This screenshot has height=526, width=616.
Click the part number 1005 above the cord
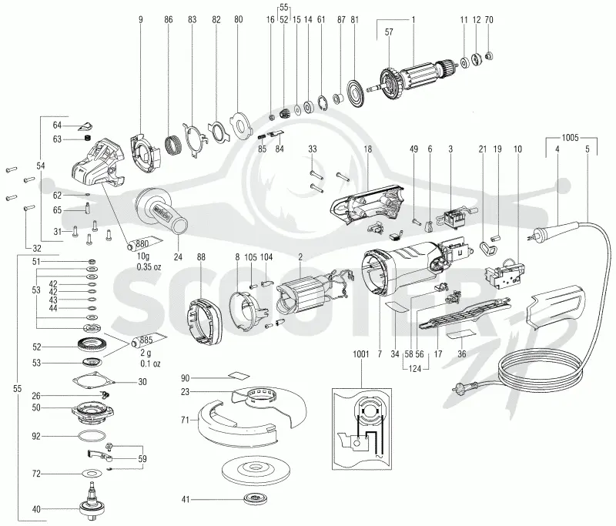(x=570, y=138)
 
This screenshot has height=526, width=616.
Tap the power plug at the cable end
(x=463, y=387)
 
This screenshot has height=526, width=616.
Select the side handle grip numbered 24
(x=163, y=213)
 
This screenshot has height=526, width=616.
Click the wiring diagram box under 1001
(x=361, y=428)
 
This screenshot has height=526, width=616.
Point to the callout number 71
(x=185, y=420)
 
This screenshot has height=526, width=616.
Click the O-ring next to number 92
(x=92, y=437)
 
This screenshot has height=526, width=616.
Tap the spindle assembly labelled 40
(x=91, y=502)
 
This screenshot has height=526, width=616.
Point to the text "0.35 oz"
(x=149, y=266)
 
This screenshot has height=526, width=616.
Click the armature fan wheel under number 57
(x=390, y=82)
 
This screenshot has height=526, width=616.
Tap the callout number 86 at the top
(x=169, y=19)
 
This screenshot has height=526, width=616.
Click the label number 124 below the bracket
(x=415, y=369)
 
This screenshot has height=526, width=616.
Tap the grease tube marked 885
(x=149, y=340)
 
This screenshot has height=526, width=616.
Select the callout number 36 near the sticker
(x=461, y=354)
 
